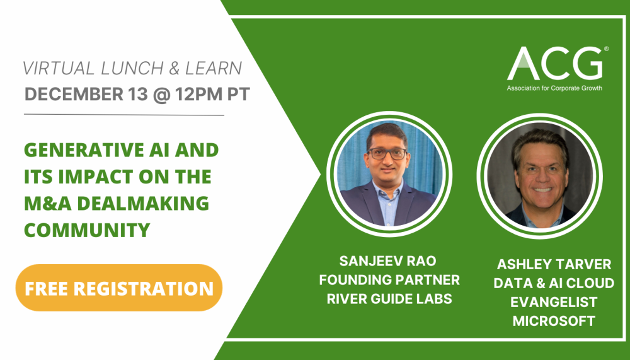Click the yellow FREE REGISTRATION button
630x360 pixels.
pyautogui.click(x=119, y=287)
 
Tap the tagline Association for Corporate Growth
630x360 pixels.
pyautogui.click(x=554, y=88)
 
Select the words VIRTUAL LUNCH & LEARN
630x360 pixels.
pyautogui.click(x=132, y=68)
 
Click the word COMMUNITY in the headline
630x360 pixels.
pyautogui.click(x=87, y=229)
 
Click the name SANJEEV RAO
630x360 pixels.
pyautogui.click(x=389, y=261)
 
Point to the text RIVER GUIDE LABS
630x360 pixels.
pyautogui.click(x=389, y=299)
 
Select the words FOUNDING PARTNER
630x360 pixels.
pyautogui.click(x=389, y=280)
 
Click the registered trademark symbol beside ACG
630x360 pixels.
pyautogui.click(x=606, y=49)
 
